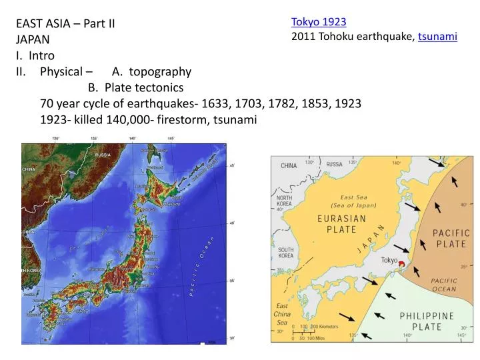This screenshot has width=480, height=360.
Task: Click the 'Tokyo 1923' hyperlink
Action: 318,22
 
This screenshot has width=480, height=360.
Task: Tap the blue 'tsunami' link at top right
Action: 437,37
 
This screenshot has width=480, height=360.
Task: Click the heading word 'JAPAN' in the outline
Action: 28,39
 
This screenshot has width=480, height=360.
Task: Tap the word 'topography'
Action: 160,72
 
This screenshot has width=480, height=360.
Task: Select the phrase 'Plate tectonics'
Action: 144,88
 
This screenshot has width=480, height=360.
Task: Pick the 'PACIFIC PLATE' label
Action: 452,238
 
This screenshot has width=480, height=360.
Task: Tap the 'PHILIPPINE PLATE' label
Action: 427,321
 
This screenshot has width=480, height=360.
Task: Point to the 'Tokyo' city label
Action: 389,260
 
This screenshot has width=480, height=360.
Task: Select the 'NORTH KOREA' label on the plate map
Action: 285,202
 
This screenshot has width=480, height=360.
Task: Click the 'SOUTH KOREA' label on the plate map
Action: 287,251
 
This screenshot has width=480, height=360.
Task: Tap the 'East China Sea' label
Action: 283,314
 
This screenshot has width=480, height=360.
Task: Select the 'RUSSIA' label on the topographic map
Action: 103,155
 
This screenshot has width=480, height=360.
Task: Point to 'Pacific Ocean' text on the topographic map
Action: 201,266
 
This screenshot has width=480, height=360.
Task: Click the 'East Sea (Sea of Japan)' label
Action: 353,201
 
